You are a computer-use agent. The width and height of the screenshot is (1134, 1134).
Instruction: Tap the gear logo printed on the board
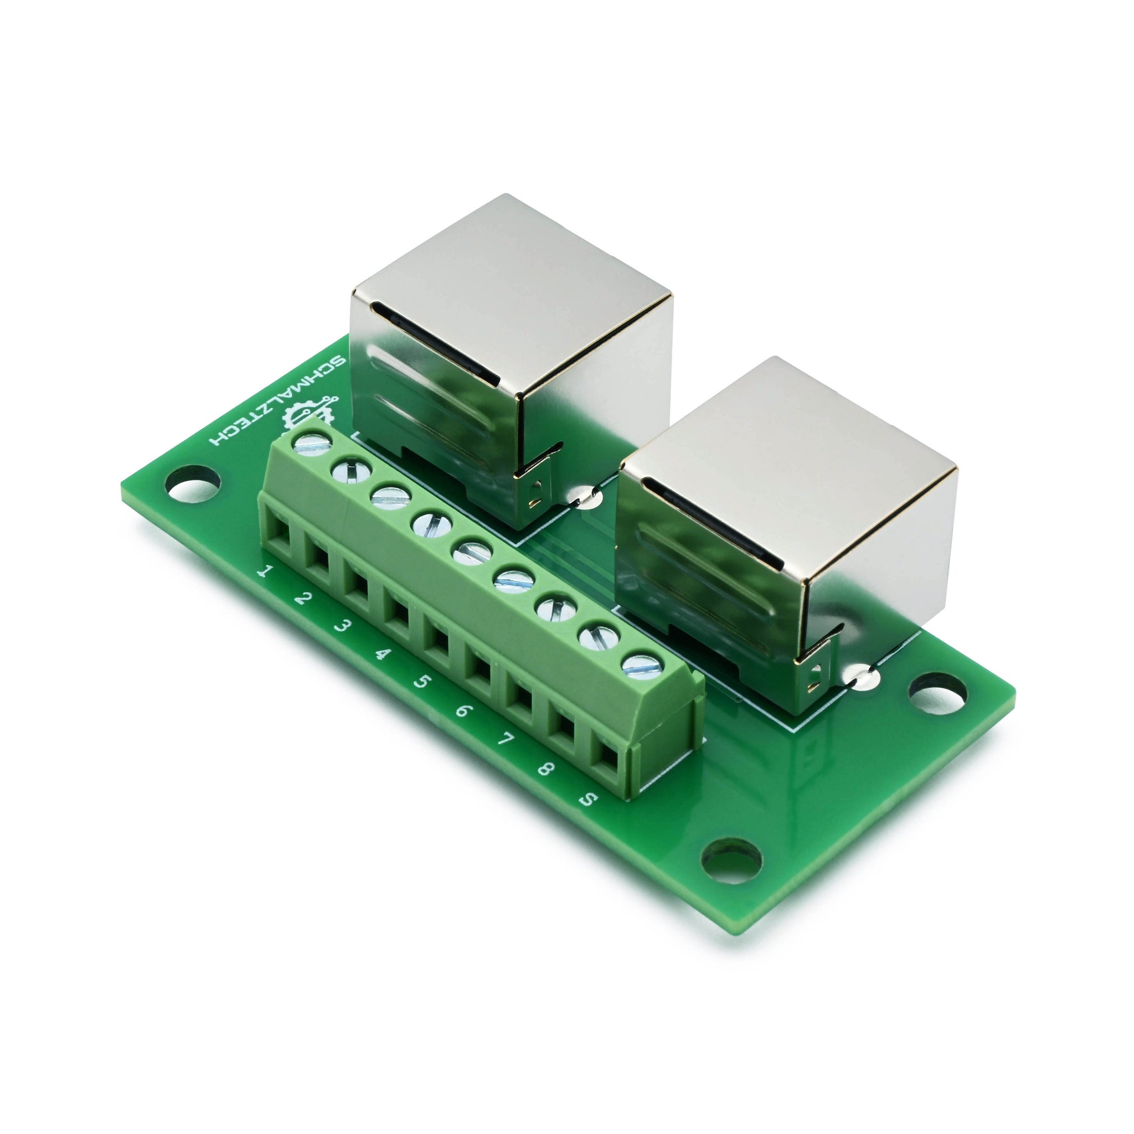pyautogui.click(x=310, y=413)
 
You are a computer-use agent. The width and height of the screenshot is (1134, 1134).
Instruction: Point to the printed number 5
pyautogui.click(x=421, y=683)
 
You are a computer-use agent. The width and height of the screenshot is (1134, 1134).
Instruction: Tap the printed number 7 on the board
pyautogui.click(x=503, y=740)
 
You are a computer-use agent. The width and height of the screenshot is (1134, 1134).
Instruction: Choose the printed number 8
pyautogui.click(x=544, y=769)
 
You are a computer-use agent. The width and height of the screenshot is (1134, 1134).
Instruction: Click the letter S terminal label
pyautogui.click(x=586, y=800)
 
